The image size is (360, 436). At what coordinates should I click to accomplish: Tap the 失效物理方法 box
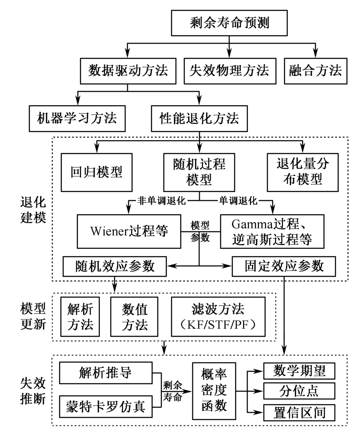point(229,71)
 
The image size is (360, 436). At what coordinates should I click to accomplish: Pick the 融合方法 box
point(315,71)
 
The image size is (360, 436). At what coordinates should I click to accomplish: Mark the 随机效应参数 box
point(114,266)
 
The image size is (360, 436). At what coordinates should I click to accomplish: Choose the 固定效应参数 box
point(284,266)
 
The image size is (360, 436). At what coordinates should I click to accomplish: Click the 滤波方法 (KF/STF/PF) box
point(218,317)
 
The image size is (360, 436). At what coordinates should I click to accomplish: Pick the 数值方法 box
point(135,317)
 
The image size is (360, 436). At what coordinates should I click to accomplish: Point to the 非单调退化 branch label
point(161,200)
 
